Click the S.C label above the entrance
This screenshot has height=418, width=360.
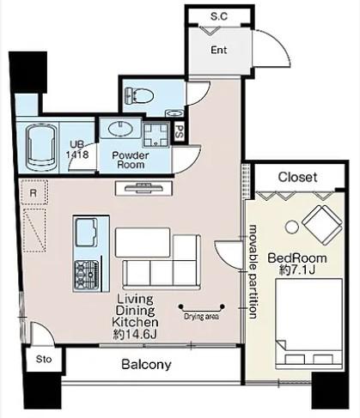point(219,16)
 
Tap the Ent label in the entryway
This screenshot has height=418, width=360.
point(219,50)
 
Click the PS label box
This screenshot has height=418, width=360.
point(180,132)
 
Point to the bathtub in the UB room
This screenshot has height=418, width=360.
point(40,148)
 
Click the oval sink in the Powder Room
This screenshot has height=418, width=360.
point(120,129)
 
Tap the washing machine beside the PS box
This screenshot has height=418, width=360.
point(156,134)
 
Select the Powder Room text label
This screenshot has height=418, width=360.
point(131,160)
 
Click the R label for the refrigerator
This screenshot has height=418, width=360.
point(34,193)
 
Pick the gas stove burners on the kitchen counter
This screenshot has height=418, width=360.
point(87,275)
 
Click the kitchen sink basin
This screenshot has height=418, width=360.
point(87,232)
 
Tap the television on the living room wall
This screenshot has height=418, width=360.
point(143,188)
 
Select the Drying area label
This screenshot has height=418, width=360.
point(202,317)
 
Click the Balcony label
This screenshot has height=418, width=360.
point(146,365)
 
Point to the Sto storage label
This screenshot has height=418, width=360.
point(44,359)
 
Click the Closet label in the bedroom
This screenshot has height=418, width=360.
point(297,178)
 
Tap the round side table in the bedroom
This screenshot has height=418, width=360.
point(292,227)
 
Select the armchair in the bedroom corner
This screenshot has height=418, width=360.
point(322,225)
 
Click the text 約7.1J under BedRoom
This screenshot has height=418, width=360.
point(297,270)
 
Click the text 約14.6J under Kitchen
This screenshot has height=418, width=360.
point(135,334)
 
